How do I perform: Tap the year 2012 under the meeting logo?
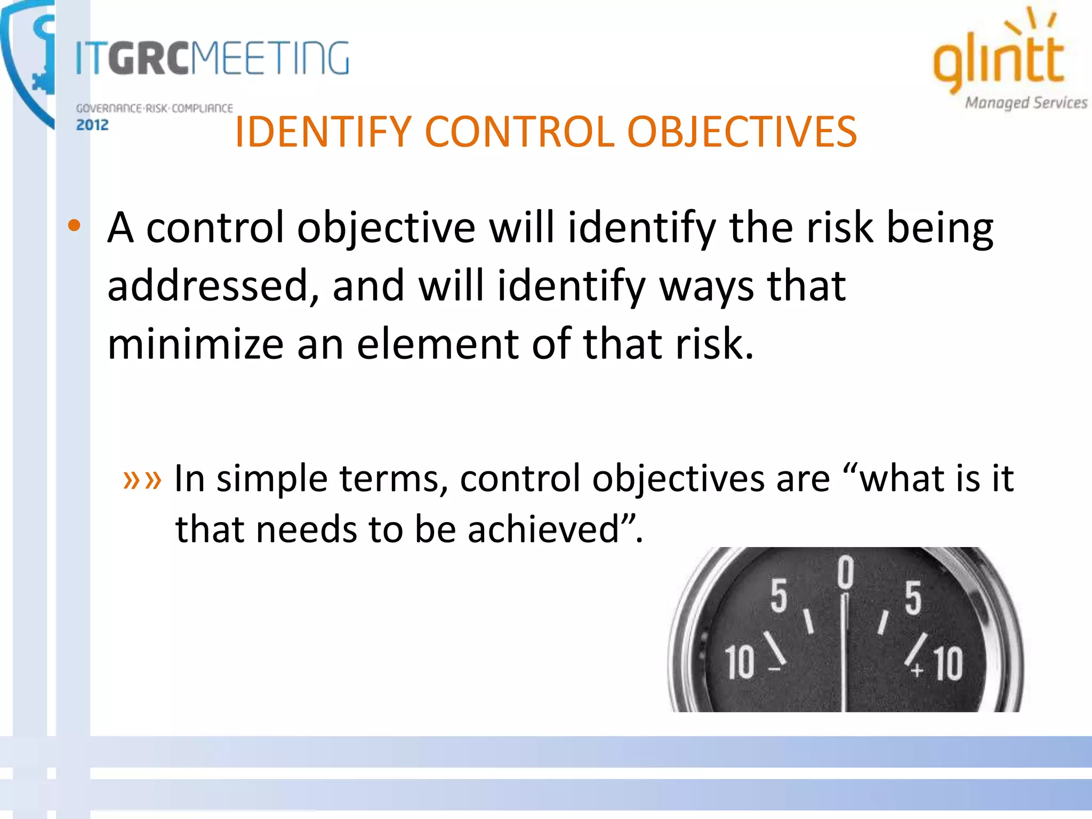(92, 125)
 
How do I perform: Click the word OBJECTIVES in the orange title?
(742, 132)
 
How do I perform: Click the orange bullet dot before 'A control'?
(74, 226)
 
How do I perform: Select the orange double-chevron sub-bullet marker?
(142, 479)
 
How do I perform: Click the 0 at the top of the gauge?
(845, 572)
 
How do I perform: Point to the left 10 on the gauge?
(740, 662)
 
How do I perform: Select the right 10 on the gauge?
(949, 664)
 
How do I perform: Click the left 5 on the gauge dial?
(778, 596)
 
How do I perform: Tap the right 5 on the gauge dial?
(913, 598)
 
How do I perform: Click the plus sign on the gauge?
(917, 670)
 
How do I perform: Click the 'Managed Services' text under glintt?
(1026, 103)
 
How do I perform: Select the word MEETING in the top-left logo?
(270, 58)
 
